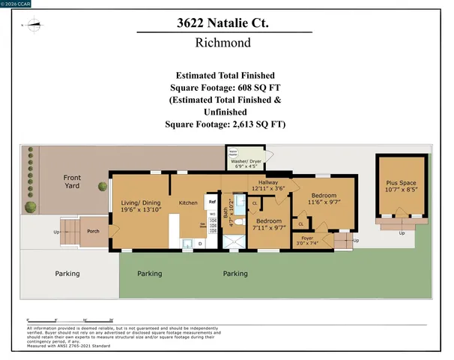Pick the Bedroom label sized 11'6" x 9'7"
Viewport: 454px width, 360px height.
coord(328,198)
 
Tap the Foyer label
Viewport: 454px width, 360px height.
coord(308,238)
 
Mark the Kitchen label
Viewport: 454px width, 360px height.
coord(188,202)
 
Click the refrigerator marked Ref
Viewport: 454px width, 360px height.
coord(212,202)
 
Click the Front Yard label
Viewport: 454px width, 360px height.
coord(72,181)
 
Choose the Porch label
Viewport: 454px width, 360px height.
coord(93,232)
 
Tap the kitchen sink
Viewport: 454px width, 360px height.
coord(188,243)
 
